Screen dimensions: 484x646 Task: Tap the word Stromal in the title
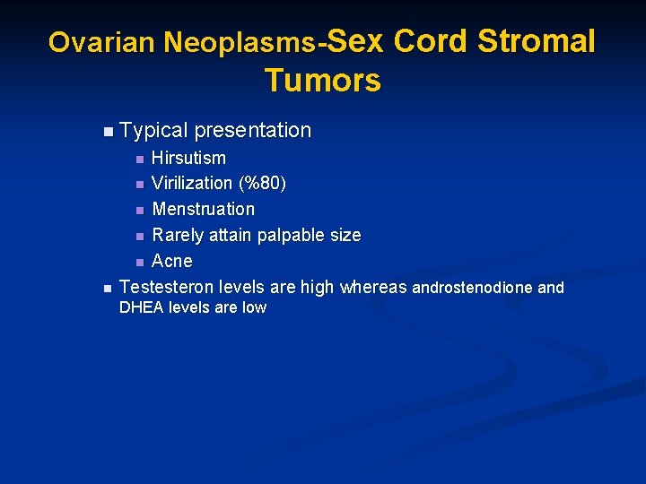[x=536, y=40]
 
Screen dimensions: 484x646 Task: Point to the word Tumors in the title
[x=323, y=81]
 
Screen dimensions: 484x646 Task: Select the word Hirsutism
[x=188, y=158]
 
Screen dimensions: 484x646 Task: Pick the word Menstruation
[x=203, y=209]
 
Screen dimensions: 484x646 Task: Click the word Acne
[x=172, y=261]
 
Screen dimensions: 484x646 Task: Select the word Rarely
[x=178, y=235]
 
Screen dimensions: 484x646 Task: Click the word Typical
[x=153, y=131]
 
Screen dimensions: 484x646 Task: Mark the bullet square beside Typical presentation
[x=108, y=132]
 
